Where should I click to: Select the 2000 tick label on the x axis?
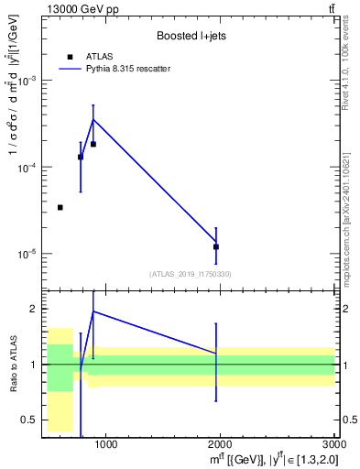pyautogui.click(x=220, y=445)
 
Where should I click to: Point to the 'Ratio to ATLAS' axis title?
pyautogui.click(x=13, y=364)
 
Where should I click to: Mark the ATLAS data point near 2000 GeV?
pyautogui.click(x=216, y=246)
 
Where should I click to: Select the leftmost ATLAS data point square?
pyautogui.click(x=60, y=208)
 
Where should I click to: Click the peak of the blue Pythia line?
pyautogui.click(x=93, y=119)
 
